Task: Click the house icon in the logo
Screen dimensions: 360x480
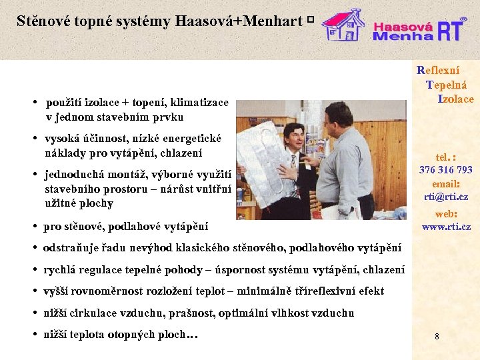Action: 343,25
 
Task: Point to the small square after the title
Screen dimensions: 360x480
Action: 311,21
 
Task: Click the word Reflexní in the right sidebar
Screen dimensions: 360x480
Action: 438,70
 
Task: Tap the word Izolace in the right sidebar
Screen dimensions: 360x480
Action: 455,99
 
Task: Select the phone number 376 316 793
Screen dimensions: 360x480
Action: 445,170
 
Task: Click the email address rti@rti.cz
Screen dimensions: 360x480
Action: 445,197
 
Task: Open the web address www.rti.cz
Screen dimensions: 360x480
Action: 445,227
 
